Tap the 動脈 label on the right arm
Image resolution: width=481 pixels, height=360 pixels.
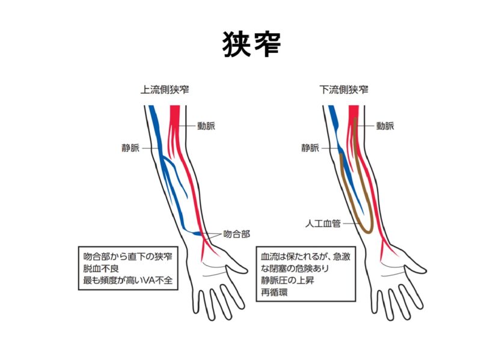[x=385, y=126]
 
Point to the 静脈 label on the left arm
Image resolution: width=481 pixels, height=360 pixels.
[x=130, y=147]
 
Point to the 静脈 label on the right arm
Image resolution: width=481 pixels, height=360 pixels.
[x=310, y=147]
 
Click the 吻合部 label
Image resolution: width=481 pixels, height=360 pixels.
[x=236, y=234]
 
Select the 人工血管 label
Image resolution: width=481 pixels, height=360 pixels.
[x=323, y=224]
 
